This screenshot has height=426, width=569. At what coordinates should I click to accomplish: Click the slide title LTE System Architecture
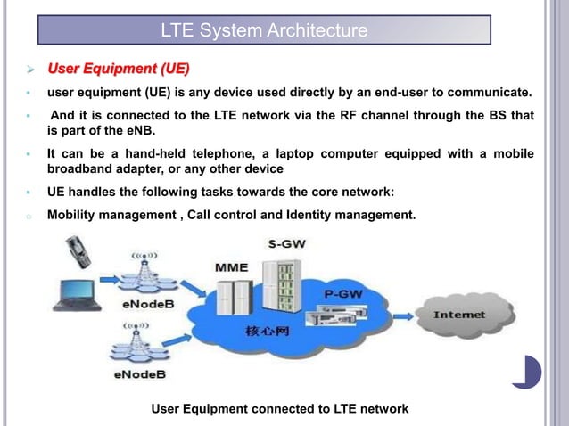point(264,31)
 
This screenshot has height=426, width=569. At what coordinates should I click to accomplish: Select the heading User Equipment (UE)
point(118,68)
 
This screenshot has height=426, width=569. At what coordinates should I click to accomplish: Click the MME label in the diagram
point(231,266)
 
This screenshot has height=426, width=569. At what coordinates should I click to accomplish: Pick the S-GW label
point(284,243)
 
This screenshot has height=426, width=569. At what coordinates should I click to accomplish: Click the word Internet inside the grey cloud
point(459,315)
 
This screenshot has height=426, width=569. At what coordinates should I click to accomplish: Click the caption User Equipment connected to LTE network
point(280,408)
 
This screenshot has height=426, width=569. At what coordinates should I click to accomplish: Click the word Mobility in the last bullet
point(72,215)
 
